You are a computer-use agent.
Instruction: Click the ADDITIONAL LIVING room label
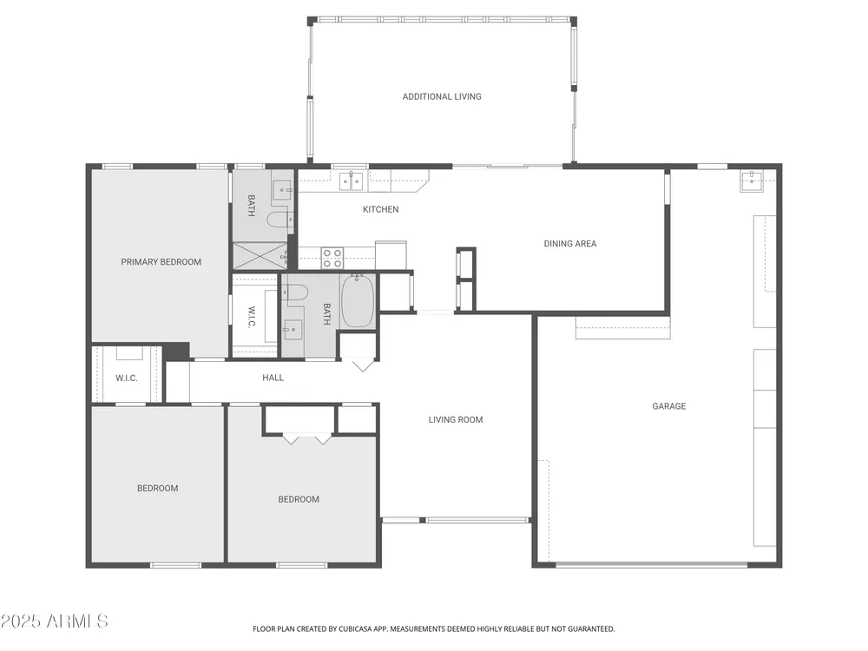pyautogui.click(x=442, y=96)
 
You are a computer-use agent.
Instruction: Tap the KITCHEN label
pyautogui.click(x=380, y=209)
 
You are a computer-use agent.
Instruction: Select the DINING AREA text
pyautogui.click(x=569, y=244)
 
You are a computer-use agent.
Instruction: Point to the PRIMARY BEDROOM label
pyautogui.click(x=161, y=262)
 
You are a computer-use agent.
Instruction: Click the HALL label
pyautogui.click(x=273, y=378)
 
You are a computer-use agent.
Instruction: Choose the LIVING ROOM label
pyautogui.click(x=456, y=419)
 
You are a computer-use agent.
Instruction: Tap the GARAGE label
pyautogui.click(x=668, y=406)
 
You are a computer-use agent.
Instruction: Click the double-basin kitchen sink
pyautogui.click(x=352, y=181)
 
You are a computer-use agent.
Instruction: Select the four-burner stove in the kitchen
pyautogui.click(x=332, y=259)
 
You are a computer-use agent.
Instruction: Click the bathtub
pyautogui.click(x=358, y=301)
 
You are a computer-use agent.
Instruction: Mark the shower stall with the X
pyautogui.click(x=260, y=256)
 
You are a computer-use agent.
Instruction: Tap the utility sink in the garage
pyautogui.click(x=752, y=181)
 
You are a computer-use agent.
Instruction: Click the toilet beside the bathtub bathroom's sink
pyautogui.click(x=293, y=293)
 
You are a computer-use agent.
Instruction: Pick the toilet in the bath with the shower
pyautogui.click(x=279, y=220)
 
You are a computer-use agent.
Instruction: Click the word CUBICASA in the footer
pyautogui.click(x=357, y=628)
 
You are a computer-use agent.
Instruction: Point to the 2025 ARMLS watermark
pyautogui.click(x=54, y=621)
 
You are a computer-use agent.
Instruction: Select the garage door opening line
pyautogui.click(x=652, y=565)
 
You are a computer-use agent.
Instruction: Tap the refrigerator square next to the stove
pyautogui.click(x=391, y=255)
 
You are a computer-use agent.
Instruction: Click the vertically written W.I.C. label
pyautogui.click(x=252, y=317)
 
